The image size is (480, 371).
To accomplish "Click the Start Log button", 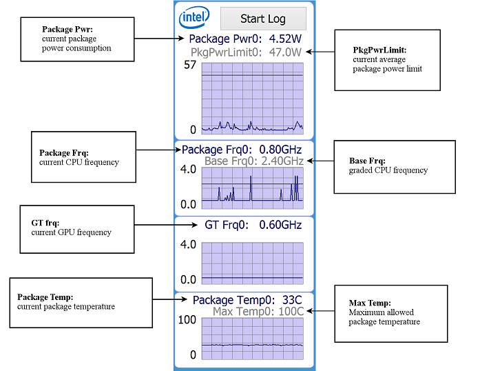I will tap(262, 19).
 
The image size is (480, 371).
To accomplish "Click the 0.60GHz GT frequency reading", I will tap(280, 225).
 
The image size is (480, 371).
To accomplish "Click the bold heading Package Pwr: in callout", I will tap(67, 30).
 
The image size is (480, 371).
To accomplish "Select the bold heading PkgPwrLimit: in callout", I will tap(379, 50).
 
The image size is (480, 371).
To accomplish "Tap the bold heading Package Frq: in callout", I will tap(64, 153).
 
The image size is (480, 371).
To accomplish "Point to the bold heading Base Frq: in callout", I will tap(368, 161).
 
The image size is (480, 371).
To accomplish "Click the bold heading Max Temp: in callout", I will tap(370, 303).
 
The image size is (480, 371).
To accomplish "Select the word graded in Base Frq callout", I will tap(362, 170).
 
